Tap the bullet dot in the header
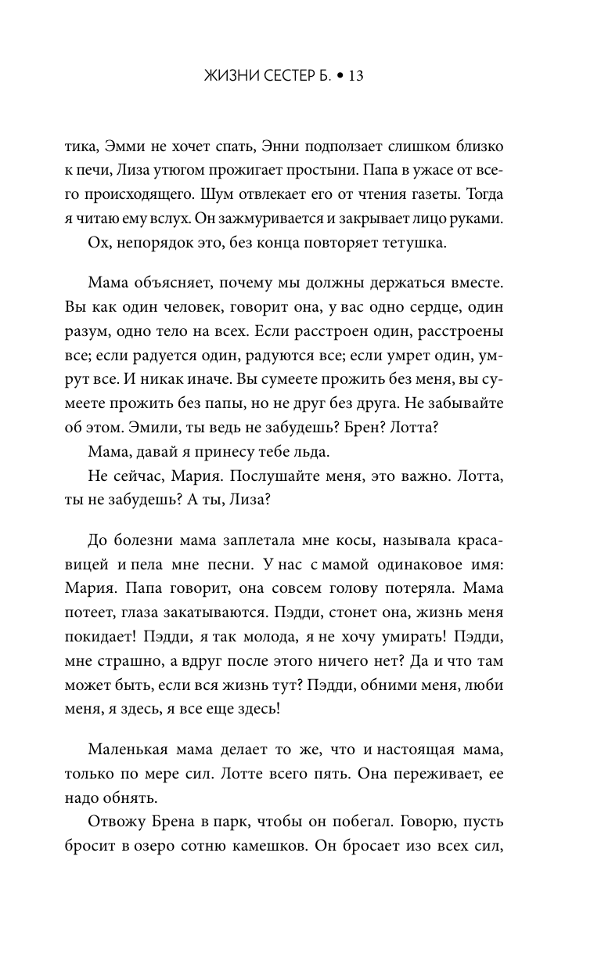tap(339, 76)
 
